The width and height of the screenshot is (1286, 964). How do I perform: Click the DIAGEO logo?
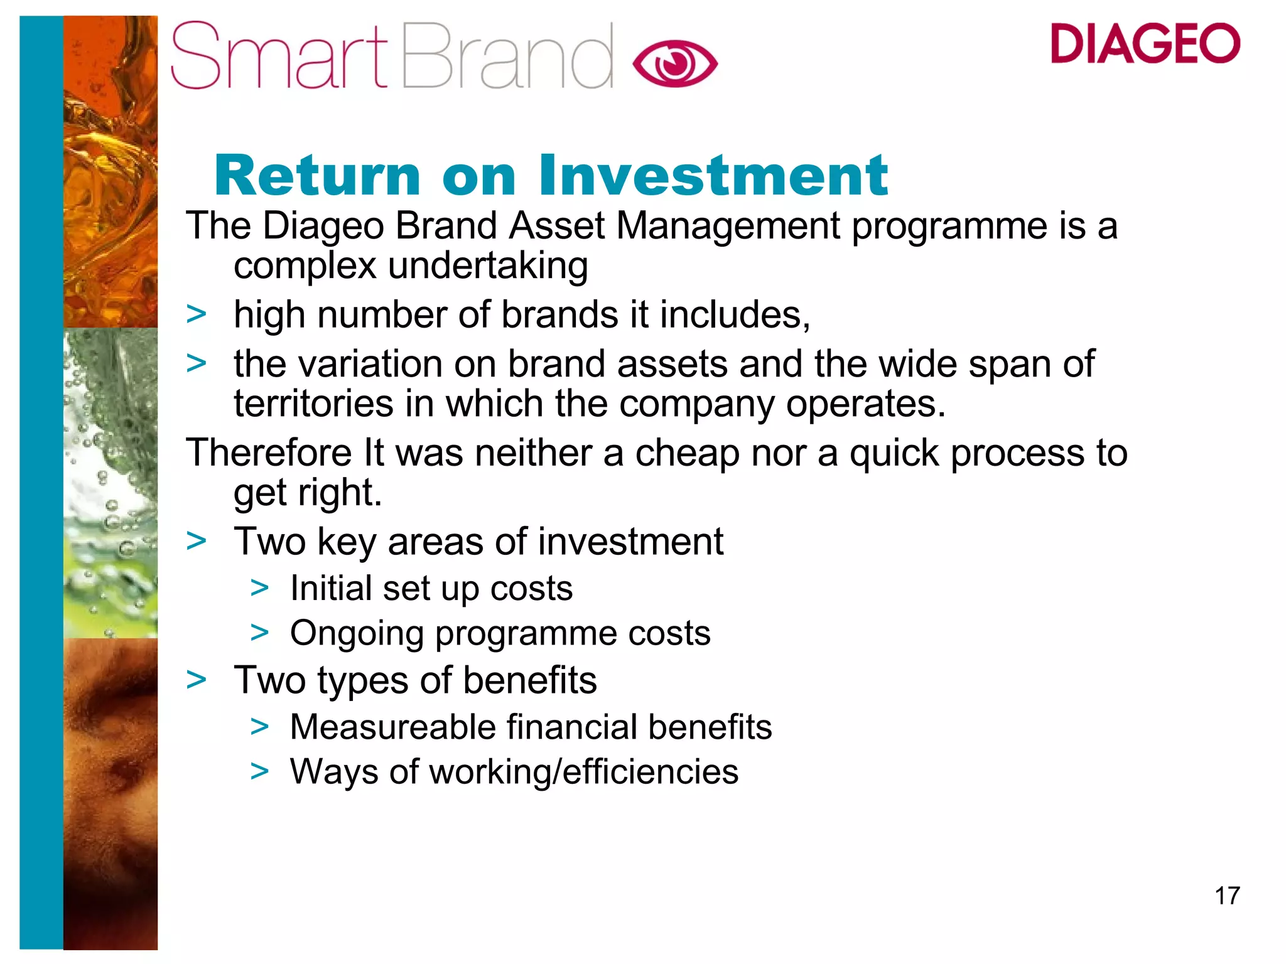[x=1145, y=43]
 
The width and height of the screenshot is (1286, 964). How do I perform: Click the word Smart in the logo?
[x=279, y=56]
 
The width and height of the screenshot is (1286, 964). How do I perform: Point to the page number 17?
[x=1227, y=896]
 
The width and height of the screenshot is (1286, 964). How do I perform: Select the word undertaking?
[x=488, y=266]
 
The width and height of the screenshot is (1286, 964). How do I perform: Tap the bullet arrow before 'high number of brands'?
[x=197, y=314]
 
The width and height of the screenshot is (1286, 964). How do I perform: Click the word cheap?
[x=687, y=454]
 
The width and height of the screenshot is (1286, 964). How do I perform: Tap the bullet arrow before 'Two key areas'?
[x=197, y=541]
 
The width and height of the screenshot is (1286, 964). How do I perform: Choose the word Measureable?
[x=392, y=727]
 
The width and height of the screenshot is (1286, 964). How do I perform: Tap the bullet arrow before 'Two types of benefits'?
[x=197, y=680]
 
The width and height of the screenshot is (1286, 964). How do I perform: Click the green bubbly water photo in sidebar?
[x=111, y=483]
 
